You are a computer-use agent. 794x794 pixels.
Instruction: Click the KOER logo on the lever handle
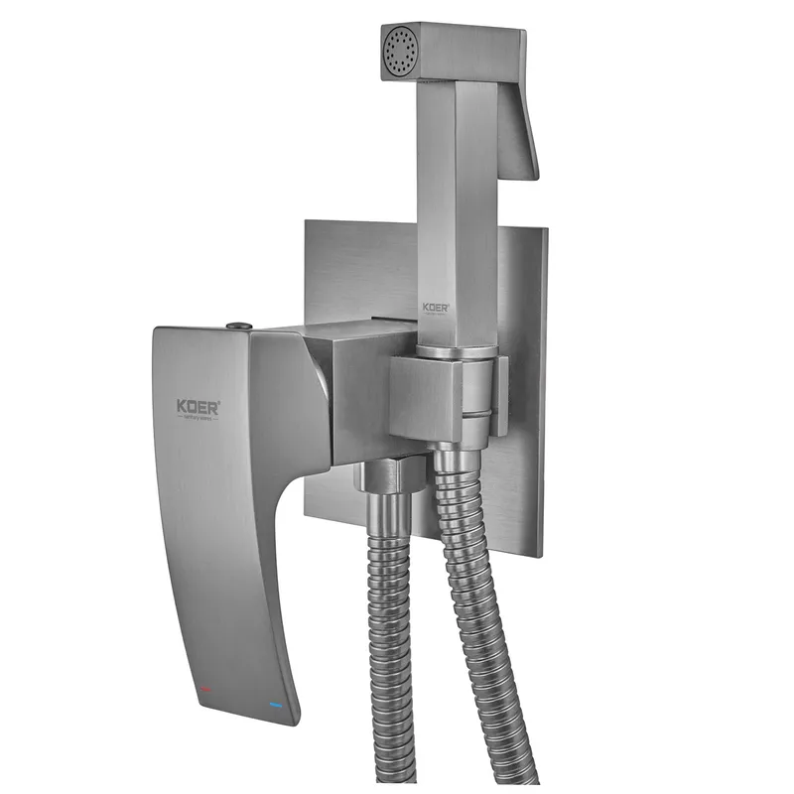pos(198,406)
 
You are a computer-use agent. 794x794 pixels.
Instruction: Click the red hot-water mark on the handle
pos(203,688)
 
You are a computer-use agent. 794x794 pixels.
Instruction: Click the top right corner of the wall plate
pos(546,230)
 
